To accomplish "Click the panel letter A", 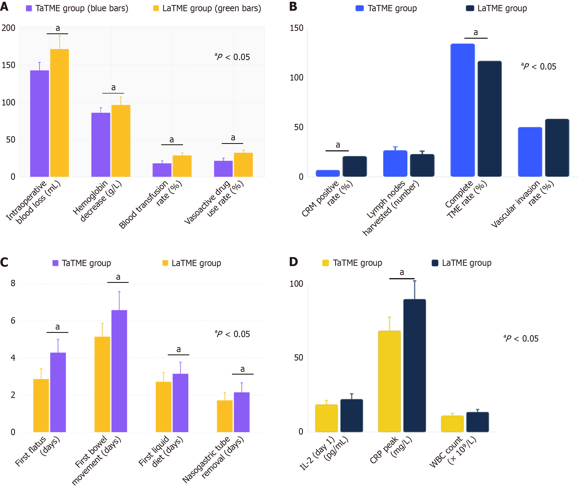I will pyautogui.click(x=4, y=6).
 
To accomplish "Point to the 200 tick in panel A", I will pyautogui.click(x=8, y=28).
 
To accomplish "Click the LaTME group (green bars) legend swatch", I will pyautogui.click(x=156, y=8).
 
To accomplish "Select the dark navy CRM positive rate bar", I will pyautogui.click(x=355, y=166).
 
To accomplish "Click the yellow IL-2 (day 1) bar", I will pyautogui.click(x=326, y=418).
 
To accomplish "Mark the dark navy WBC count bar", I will pyautogui.click(x=477, y=422).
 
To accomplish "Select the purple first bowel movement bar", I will pyautogui.click(x=119, y=371).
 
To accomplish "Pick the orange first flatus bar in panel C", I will pyautogui.click(x=41, y=405).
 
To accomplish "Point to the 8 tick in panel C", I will pyautogui.click(x=13, y=283).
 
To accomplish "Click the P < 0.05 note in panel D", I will pyautogui.click(x=521, y=339).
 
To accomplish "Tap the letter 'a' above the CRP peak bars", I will pyautogui.click(x=401, y=273).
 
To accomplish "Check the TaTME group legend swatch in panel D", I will pyautogui.click(x=325, y=263).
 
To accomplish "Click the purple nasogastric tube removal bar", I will pyautogui.click(x=241, y=412).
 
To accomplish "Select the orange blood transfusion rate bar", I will pyautogui.click(x=182, y=166).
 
